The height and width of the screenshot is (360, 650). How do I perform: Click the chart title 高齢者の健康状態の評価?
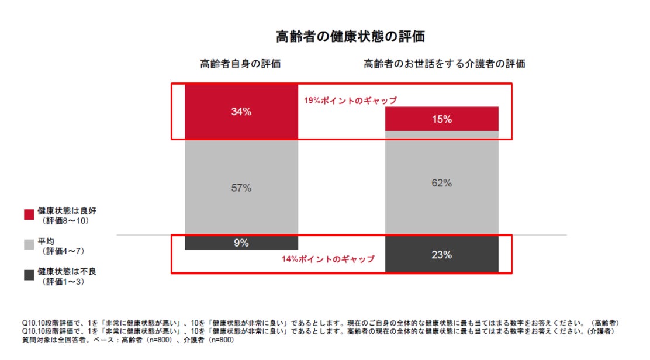tap(350, 37)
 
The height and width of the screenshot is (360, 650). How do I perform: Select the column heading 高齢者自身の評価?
tap(240, 64)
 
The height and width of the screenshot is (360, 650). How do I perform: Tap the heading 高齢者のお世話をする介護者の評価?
tap(444, 64)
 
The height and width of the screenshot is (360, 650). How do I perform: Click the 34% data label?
tap(241, 112)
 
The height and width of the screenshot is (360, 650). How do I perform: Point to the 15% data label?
tap(442, 119)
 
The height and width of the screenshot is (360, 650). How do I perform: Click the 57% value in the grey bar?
tap(241, 188)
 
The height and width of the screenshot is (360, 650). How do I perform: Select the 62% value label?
tap(442, 183)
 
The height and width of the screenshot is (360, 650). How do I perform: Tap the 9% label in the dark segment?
tap(241, 243)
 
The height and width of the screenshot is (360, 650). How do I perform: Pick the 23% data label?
tap(442, 255)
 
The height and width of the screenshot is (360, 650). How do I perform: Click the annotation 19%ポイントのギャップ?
tap(350, 101)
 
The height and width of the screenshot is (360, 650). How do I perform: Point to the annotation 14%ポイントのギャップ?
tap(328, 259)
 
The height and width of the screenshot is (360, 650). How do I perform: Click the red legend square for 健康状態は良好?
tap(29, 214)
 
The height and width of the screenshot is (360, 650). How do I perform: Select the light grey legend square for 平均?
tap(29, 245)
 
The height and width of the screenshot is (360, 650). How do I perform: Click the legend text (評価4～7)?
tap(63, 251)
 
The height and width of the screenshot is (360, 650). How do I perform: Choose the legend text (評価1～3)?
tap(63, 282)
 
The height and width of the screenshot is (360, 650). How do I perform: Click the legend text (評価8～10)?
tap(65, 221)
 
